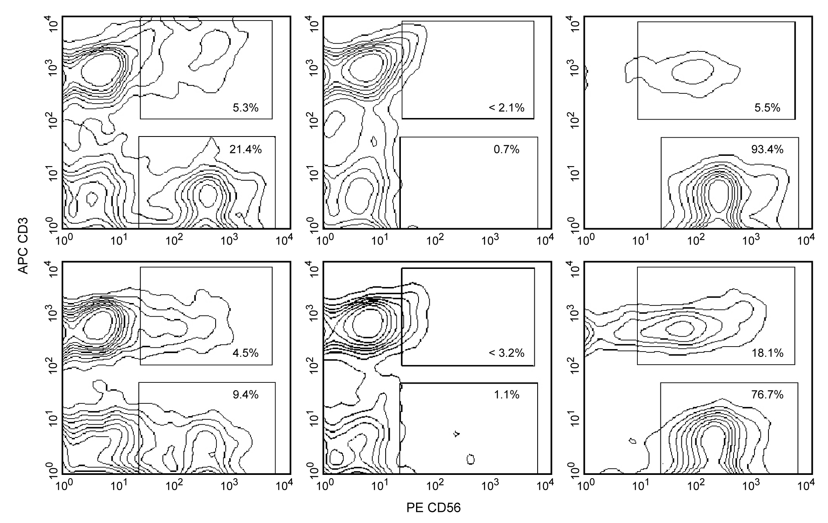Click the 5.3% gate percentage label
click(246, 108)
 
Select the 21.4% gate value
click(246, 150)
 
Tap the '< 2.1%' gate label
click(506, 108)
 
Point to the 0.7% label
click(506, 150)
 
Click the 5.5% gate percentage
click(767, 108)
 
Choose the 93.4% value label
click(767, 150)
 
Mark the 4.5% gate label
click(246, 353)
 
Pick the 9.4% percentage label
click(246, 395)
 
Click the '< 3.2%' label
click(506, 353)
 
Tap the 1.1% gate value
click(506, 395)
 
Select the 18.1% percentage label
click(767, 353)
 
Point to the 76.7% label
click(767, 395)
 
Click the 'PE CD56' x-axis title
click(434, 508)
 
